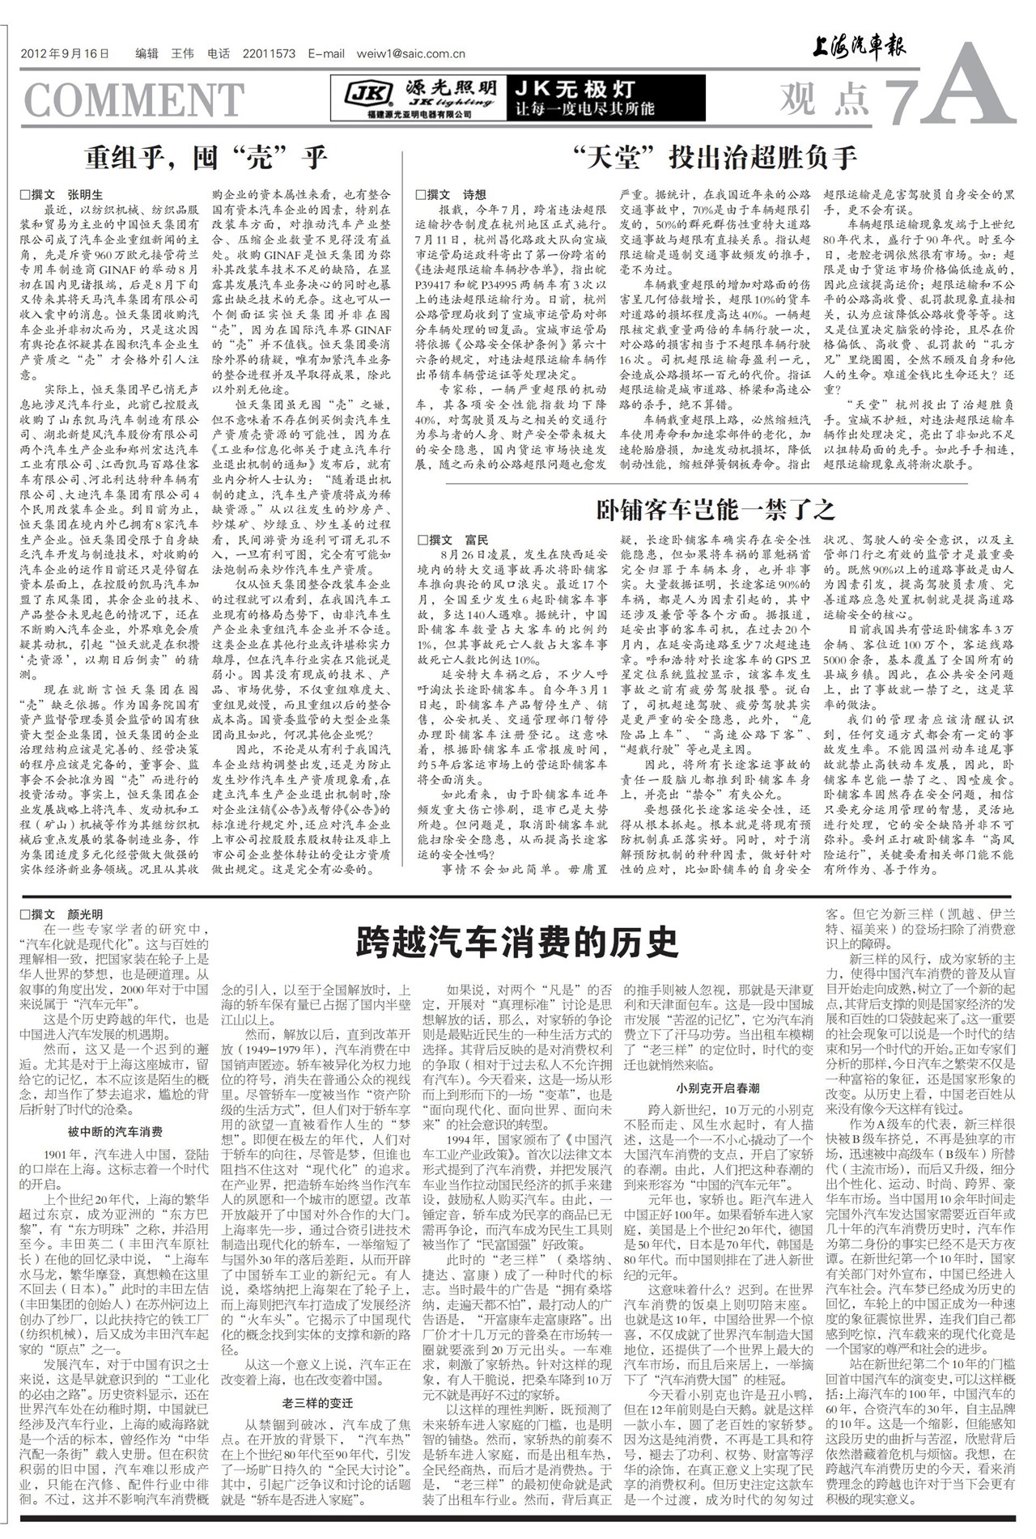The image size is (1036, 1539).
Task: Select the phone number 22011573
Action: click(269, 54)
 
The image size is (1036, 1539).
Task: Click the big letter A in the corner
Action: click(975, 89)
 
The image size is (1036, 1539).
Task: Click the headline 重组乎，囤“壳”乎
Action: click(207, 156)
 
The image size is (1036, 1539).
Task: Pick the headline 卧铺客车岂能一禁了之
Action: click(715, 510)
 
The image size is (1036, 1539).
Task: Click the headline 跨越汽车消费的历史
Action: click(516, 942)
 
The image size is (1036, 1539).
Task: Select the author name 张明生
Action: click(85, 195)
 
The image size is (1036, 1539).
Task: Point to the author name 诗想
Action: click(474, 195)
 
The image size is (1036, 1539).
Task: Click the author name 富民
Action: click(477, 540)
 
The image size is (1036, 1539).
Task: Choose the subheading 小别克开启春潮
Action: click(719, 1088)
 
